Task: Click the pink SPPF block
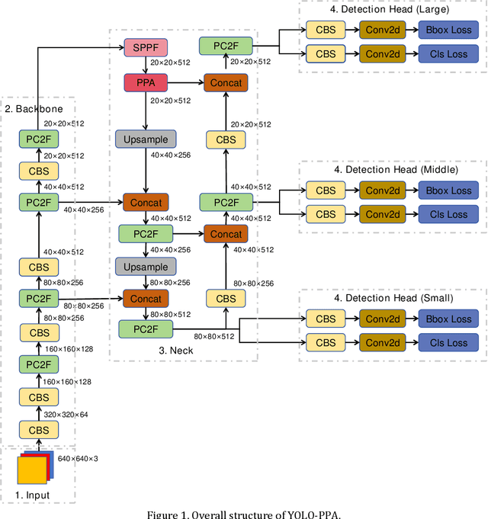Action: click(x=145, y=47)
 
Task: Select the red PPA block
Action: click(x=145, y=82)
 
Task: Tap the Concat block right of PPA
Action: click(x=226, y=82)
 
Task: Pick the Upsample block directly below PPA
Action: click(x=145, y=139)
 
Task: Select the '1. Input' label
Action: click(x=33, y=495)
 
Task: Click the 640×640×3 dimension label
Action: click(x=79, y=458)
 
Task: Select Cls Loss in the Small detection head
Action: click(x=448, y=343)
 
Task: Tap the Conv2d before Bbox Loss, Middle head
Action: click(x=384, y=191)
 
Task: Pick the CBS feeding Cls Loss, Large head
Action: click(x=326, y=54)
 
